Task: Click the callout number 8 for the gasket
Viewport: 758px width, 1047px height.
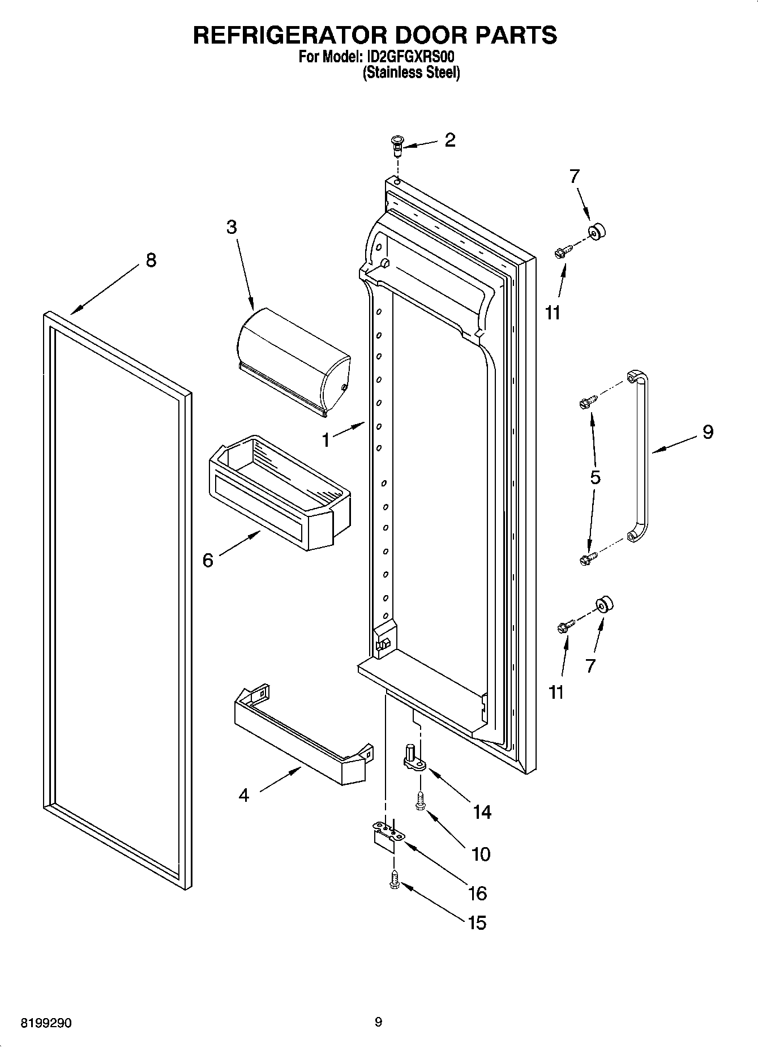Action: click(151, 260)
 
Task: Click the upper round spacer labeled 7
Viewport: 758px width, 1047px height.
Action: click(597, 231)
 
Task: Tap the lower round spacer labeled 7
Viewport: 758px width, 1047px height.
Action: click(604, 605)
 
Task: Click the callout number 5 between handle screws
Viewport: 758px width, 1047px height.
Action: click(595, 477)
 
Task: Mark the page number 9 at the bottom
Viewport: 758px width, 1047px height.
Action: click(378, 1022)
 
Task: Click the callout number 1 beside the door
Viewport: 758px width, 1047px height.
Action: click(326, 440)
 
